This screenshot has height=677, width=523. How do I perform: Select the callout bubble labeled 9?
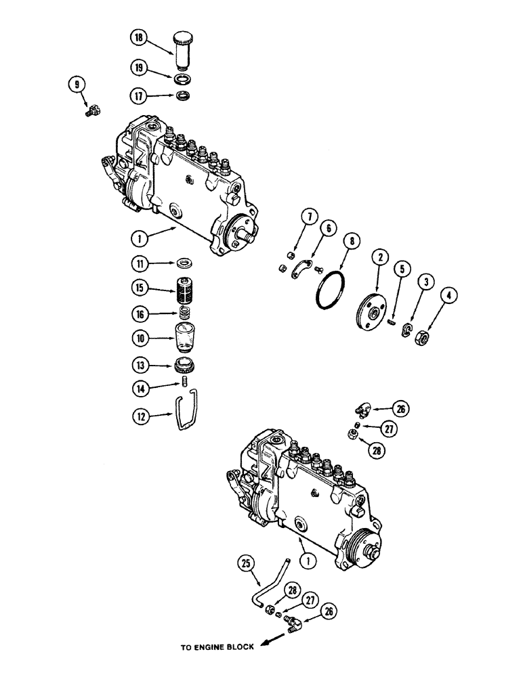click(77, 85)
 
